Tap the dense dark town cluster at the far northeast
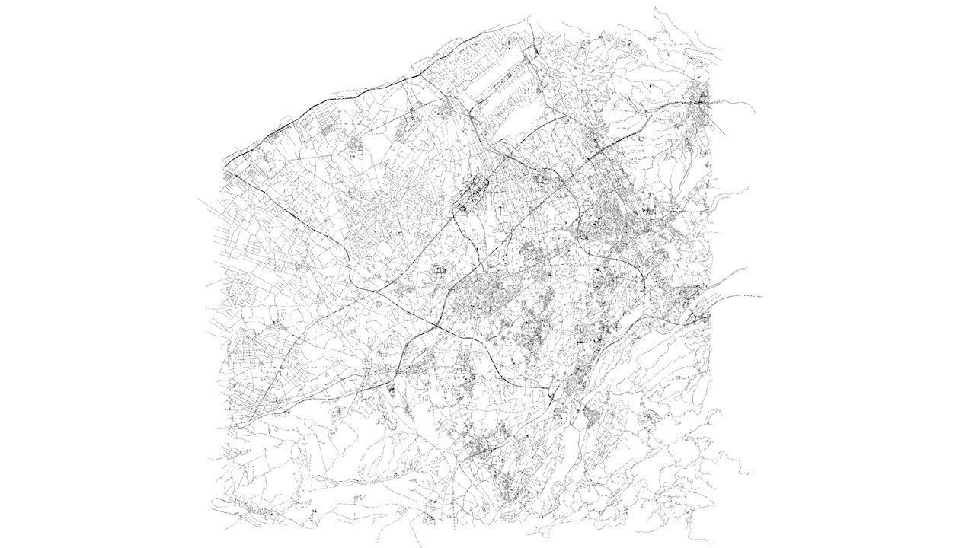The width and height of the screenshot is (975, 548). (702, 98)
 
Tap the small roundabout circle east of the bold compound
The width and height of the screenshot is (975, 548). (558, 180)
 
